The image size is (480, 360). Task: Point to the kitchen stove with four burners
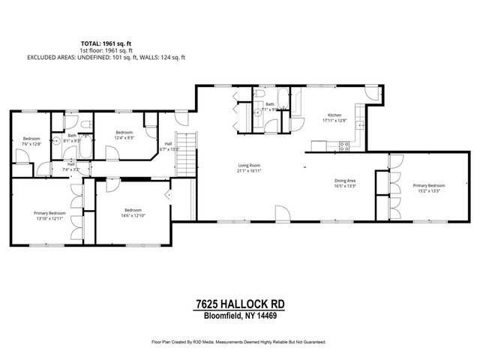tap(345, 147)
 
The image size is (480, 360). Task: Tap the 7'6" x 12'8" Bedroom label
tap(31, 141)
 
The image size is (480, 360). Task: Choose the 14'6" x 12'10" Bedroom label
tap(133, 212)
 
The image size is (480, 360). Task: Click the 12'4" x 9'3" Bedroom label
tap(124, 135)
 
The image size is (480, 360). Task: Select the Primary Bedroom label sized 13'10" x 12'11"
tap(50, 216)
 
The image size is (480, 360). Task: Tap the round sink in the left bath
tap(55, 140)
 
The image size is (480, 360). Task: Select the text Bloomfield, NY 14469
tap(240, 315)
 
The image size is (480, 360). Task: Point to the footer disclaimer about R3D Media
tap(240, 341)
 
